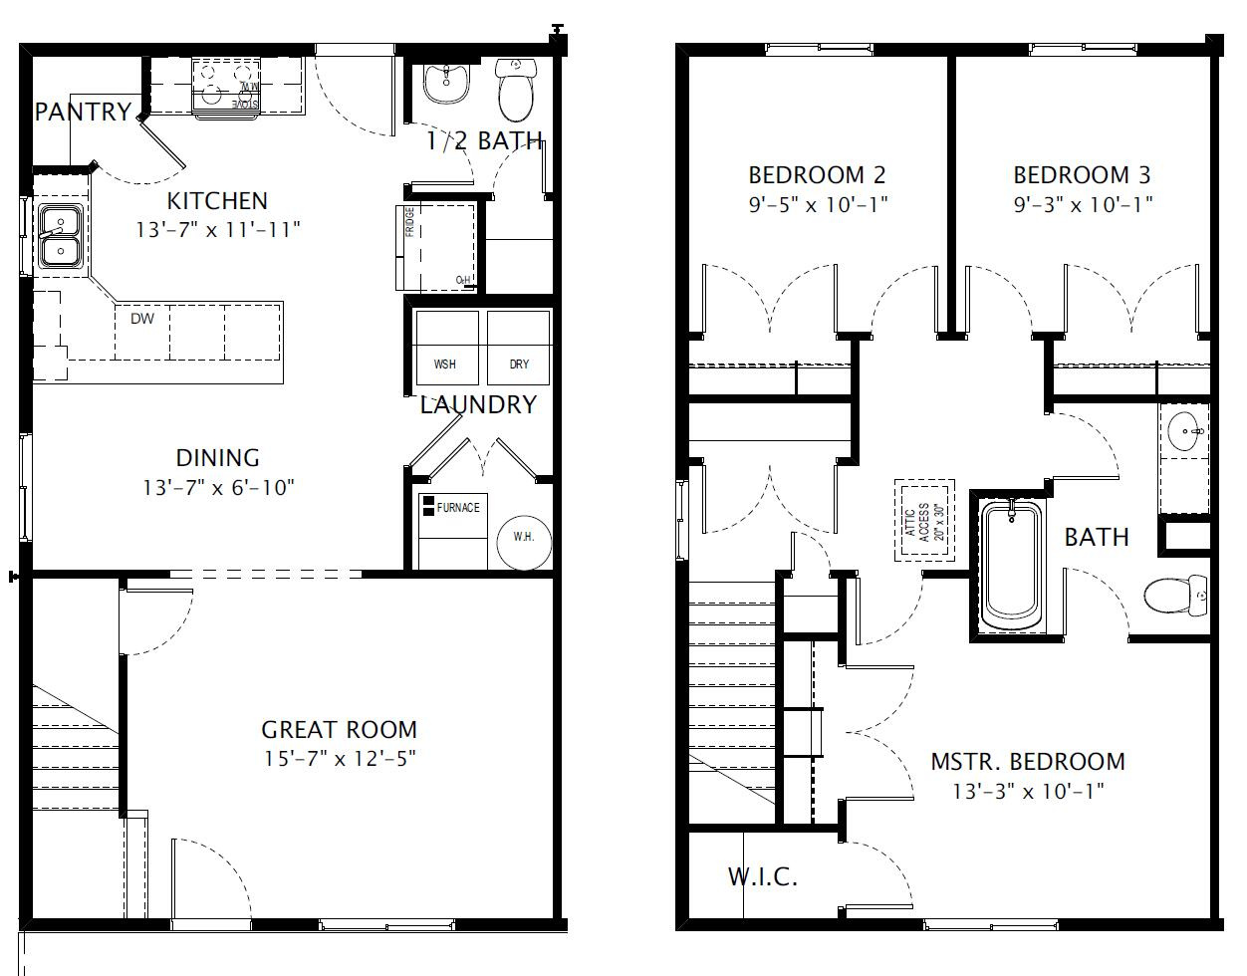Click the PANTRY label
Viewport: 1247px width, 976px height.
coord(83,112)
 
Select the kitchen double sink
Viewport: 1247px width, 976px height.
coord(60,236)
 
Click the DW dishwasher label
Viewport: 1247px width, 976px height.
coord(142,319)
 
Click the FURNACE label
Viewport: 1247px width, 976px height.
coord(457,508)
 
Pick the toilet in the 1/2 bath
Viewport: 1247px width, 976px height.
coord(516,90)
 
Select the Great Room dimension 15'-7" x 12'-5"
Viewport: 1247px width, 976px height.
coord(340,758)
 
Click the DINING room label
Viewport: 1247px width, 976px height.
coord(217,458)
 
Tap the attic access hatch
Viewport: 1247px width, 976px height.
coord(924,520)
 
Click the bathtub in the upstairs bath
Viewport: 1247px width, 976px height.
coord(1011,566)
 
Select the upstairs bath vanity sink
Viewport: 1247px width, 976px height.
coord(1184,432)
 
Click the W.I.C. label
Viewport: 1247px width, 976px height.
coord(762,877)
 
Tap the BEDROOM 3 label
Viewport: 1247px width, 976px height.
coord(1082,175)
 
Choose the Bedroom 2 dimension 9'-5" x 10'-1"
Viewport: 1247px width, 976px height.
coord(818,204)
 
